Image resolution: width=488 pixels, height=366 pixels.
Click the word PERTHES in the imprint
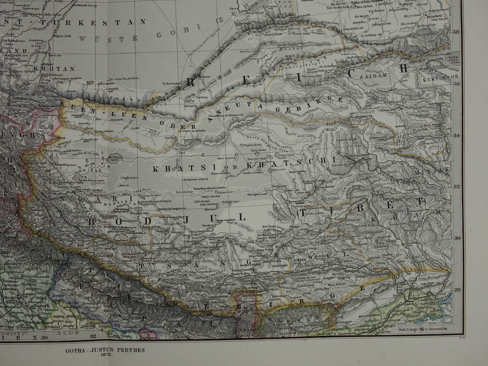(131, 350)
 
